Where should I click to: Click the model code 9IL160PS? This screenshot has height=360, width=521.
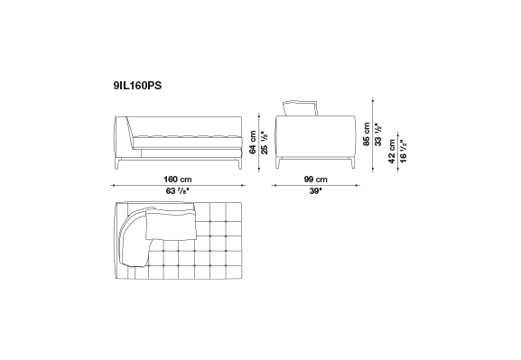pyautogui.click(x=137, y=86)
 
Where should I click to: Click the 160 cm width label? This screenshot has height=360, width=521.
pyautogui.click(x=178, y=180)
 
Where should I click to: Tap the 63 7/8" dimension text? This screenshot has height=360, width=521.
pyautogui.click(x=178, y=191)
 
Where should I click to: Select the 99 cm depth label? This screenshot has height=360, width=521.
pyautogui.click(x=315, y=180)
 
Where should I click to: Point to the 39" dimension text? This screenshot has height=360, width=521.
pyautogui.click(x=316, y=191)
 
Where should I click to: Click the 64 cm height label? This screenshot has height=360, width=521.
pyautogui.click(x=253, y=143)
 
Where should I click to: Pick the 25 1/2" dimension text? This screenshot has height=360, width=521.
pyautogui.click(x=265, y=143)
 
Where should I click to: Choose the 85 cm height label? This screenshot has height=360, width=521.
pyautogui.click(x=367, y=134)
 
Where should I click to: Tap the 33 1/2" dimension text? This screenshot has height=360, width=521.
pyautogui.click(x=378, y=134)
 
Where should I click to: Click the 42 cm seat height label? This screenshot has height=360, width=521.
pyautogui.click(x=392, y=152)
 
